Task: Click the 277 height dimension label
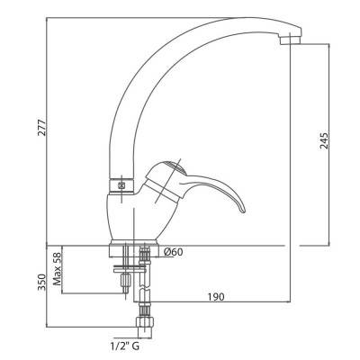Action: [42, 128]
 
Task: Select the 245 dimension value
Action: [324, 140]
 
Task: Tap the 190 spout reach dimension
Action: [216, 297]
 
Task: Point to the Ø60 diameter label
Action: [173, 252]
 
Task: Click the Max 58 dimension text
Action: [57, 269]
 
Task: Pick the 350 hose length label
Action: [42, 282]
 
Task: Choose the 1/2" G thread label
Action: [124, 346]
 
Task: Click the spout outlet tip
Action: [291, 40]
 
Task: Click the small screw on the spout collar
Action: [121, 185]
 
